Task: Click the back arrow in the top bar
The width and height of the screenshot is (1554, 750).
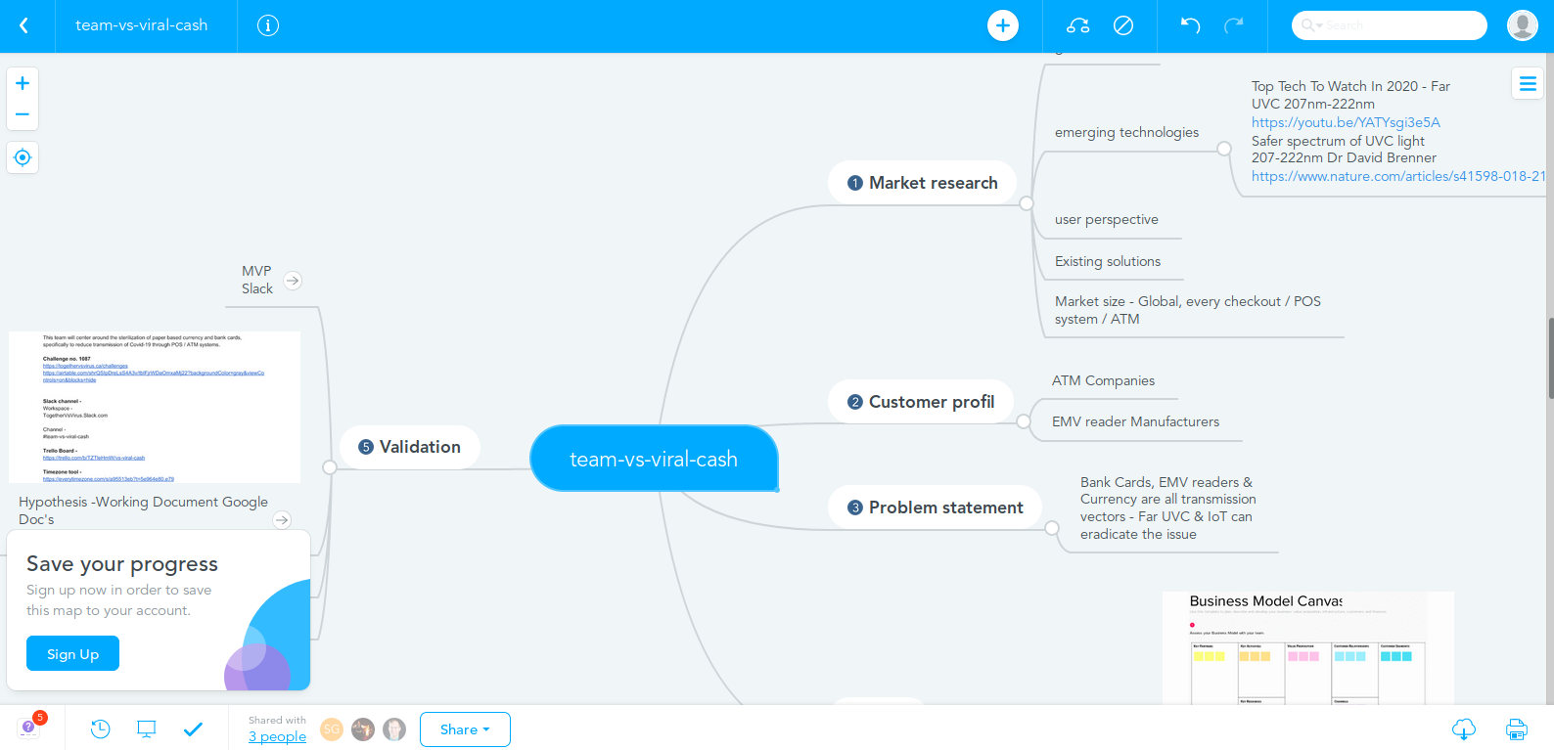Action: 24,25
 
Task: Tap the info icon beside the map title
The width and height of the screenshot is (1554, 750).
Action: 268,25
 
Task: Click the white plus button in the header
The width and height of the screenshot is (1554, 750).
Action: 1003,25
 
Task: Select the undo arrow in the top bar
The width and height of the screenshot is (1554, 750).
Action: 1190,25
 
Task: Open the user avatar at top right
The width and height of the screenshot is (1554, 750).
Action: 1522,25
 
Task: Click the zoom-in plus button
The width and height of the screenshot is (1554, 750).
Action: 23,83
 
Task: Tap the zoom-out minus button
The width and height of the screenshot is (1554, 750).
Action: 23,114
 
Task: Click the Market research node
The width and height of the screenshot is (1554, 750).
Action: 923,183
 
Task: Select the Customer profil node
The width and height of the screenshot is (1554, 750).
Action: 921,402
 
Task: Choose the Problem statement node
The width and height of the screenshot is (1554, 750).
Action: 935,507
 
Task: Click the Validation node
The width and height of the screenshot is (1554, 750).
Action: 410,447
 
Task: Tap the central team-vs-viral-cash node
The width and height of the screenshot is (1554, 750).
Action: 654,459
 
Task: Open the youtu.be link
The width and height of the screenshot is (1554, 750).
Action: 1346,122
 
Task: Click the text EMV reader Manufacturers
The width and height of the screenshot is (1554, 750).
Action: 1135,421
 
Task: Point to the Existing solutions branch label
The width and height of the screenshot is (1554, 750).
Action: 1108,261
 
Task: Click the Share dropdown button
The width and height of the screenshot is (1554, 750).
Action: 465,729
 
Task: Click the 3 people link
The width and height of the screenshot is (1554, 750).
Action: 277,736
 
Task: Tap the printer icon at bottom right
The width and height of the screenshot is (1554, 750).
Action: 1516,729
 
